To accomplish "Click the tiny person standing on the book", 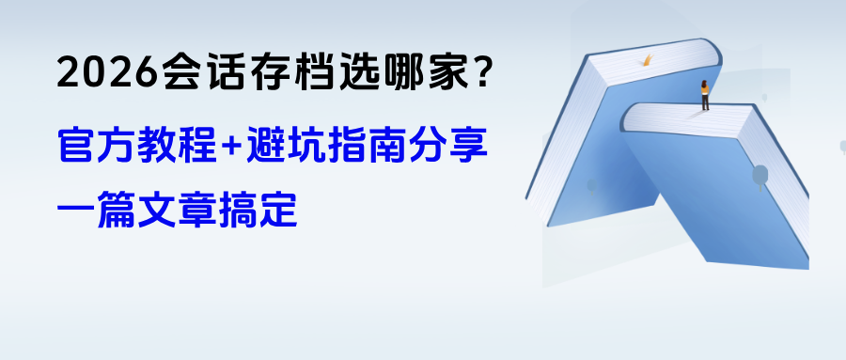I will (705, 95).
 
